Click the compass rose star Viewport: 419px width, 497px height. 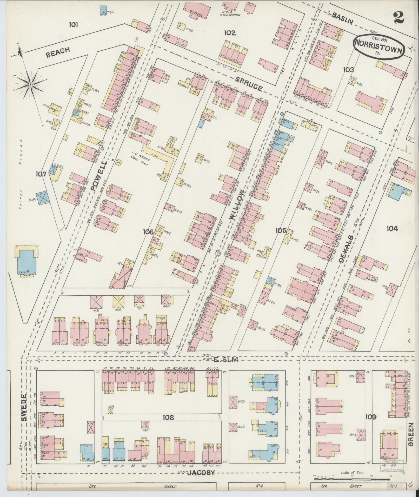point(30,85)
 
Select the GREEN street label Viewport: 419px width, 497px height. point(410,438)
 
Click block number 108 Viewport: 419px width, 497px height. point(168,418)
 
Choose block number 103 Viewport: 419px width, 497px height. point(348,70)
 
